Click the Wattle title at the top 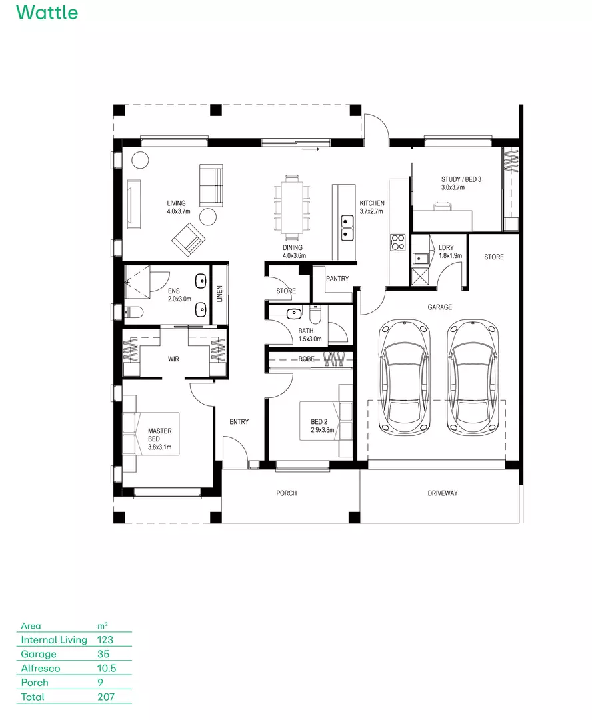click(47, 12)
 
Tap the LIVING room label click(177, 203)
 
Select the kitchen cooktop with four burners click(397, 241)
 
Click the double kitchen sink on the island click(347, 227)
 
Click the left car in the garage click(405, 377)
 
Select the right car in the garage click(473, 377)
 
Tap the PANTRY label click(337, 279)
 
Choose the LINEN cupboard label click(219, 294)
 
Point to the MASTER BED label click(160, 431)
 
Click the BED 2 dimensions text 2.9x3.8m click(322, 430)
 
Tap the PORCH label click(287, 493)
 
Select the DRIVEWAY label click(443, 493)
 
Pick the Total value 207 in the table click(106, 697)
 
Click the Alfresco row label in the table click(41, 668)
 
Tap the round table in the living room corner click(140, 160)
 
